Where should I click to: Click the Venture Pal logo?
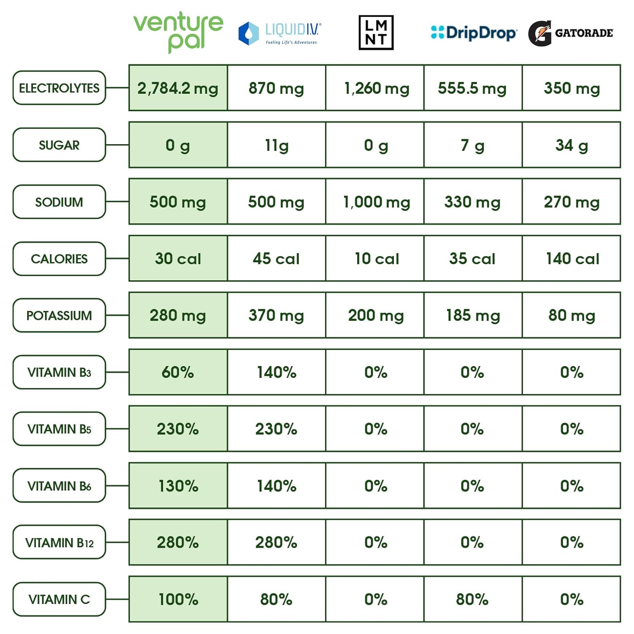178,32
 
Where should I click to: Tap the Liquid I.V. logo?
279,33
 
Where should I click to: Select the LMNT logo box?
376,33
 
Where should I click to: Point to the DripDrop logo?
473,33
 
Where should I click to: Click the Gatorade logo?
570,33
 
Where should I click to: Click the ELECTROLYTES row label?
59,88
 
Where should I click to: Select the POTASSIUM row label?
59,315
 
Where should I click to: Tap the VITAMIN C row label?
59,599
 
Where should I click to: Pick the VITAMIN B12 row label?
59,542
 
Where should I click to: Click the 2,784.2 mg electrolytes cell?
178,88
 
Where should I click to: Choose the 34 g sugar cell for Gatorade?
571,145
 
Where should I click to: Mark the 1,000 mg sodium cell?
376,202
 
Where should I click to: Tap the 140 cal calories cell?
571,259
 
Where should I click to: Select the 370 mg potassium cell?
276,315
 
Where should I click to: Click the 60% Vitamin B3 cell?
178,372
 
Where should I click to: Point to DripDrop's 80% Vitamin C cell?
473,599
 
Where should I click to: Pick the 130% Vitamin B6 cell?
178,486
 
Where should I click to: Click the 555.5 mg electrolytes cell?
473,88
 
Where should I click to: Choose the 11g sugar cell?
276,145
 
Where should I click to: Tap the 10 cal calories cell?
376,259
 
